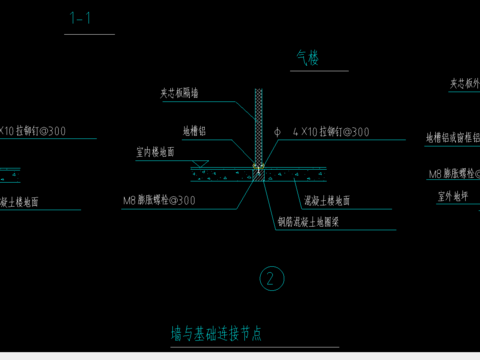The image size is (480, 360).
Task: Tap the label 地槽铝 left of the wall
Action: [x=195, y=130]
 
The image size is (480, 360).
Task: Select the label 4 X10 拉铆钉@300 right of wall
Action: [x=330, y=131]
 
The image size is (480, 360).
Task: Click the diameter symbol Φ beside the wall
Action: [x=275, y=131]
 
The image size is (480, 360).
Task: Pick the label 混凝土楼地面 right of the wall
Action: [x=326, y=200]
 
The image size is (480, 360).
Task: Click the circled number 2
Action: [x=269, y=279]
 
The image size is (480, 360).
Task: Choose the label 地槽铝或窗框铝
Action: [x=453, y=137]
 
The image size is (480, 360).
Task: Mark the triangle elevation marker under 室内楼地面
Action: [x=200, y=163]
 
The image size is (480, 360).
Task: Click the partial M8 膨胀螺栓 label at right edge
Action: [x=453, y=174]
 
